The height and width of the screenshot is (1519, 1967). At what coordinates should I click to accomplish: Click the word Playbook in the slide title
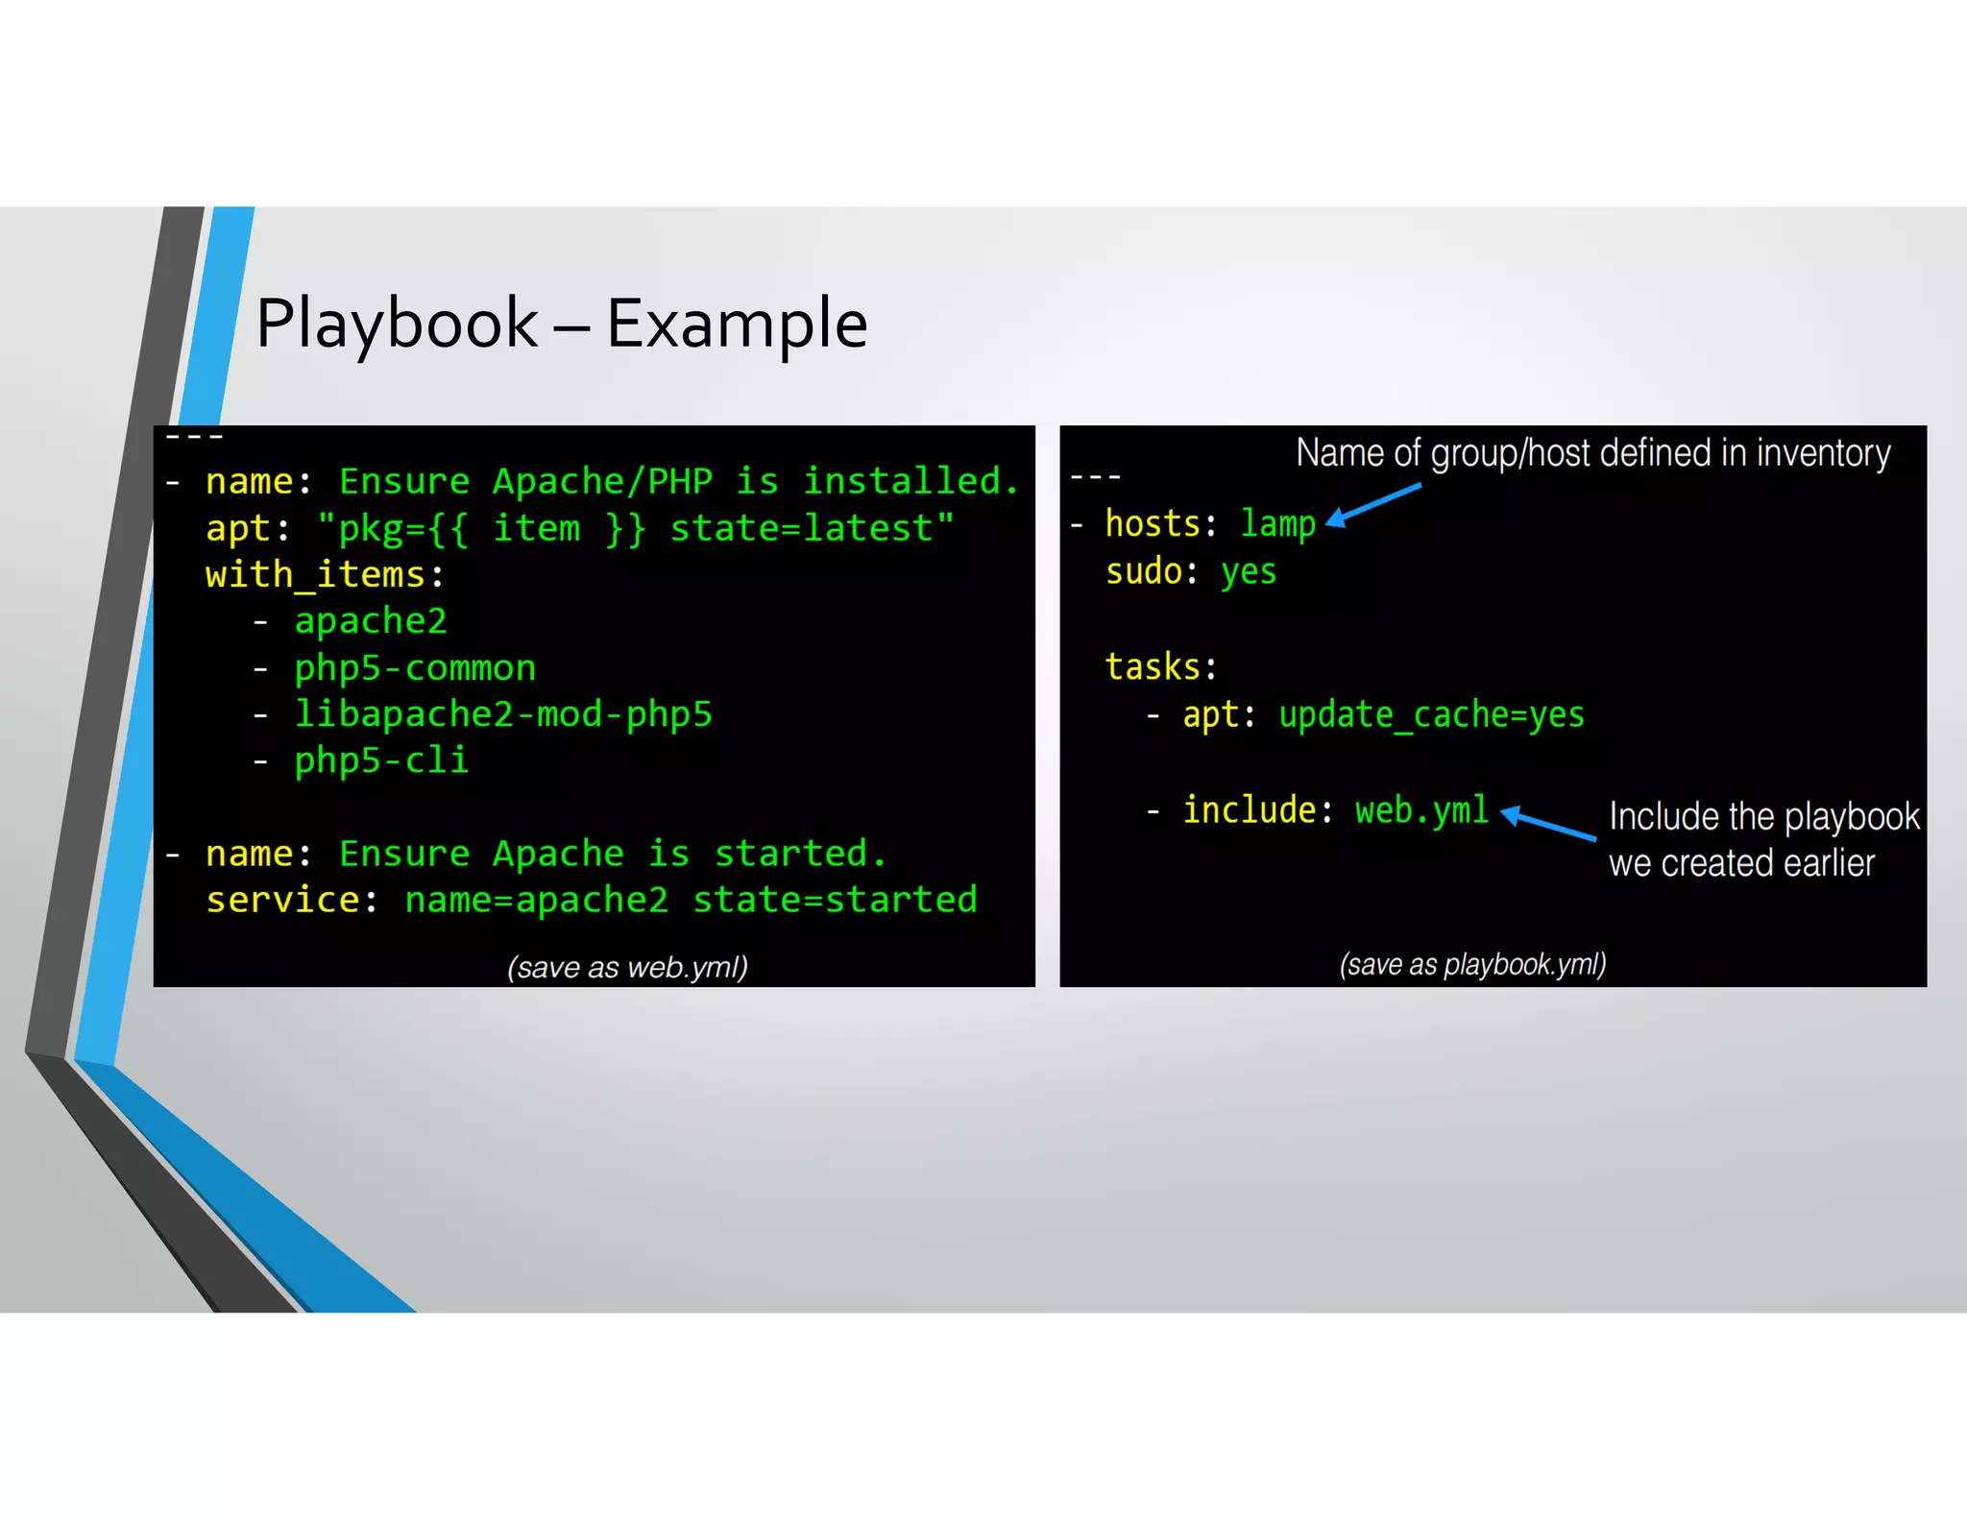coord(397,324)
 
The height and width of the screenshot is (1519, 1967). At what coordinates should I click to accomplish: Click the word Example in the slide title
coord(737,324)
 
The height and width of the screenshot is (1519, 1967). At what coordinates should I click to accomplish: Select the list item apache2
coord(371,621)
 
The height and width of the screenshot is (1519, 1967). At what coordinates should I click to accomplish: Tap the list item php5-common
coord(415,668)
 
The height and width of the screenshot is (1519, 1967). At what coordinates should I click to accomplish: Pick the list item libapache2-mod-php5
coord(503,714)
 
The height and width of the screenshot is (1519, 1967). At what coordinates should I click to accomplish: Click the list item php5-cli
coord(381,760)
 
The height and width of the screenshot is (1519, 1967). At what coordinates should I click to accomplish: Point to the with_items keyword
coord(315,575)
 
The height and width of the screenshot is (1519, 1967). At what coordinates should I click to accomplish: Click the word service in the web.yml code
coord(283,901)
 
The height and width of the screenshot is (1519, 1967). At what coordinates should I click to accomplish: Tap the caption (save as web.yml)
coord(627,967)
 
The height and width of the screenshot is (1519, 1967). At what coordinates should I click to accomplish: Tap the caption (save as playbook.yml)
coord(1472,964)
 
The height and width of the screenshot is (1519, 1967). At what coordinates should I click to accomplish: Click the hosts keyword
coord(1153,524)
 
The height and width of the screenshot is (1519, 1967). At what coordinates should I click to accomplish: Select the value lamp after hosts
coord(1277,524)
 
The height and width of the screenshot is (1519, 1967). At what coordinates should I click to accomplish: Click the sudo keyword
coord(1143,572)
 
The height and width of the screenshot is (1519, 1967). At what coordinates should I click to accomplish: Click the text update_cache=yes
coord(1431,715)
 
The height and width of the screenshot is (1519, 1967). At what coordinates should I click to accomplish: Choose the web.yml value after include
coord(1421,810)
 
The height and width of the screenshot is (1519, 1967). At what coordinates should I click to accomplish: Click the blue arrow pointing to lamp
coord(1373,505)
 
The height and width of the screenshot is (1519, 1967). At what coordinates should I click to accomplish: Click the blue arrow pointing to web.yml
coord(1548,824)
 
